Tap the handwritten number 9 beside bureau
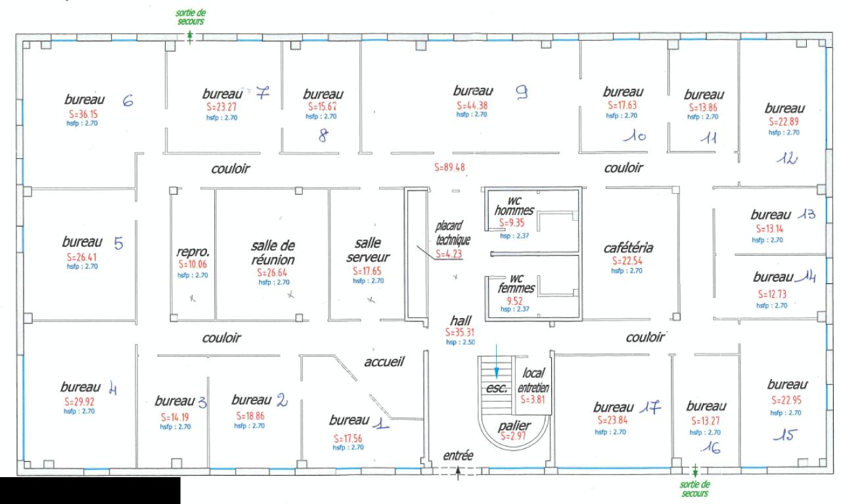[x=522, y=94]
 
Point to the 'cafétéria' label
[x=630, y=248]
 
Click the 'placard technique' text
[x=449, y=233]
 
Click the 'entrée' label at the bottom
[x=458, y=455]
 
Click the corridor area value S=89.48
[x=449, y=168]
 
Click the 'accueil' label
[x=384, y=361]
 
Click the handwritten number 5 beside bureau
[x=118, y=243]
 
